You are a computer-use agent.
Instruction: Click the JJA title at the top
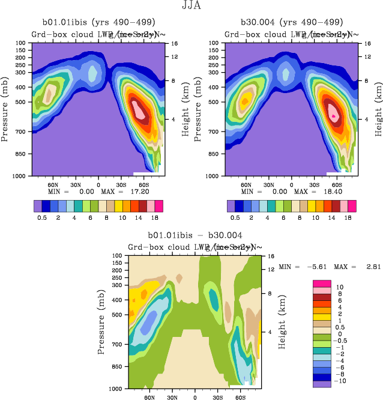coord(191,7)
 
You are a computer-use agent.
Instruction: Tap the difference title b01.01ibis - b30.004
coord(195,235)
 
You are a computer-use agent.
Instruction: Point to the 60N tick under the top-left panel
coord(53,184)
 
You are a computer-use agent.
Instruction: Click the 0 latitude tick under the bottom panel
coord(195,397)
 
